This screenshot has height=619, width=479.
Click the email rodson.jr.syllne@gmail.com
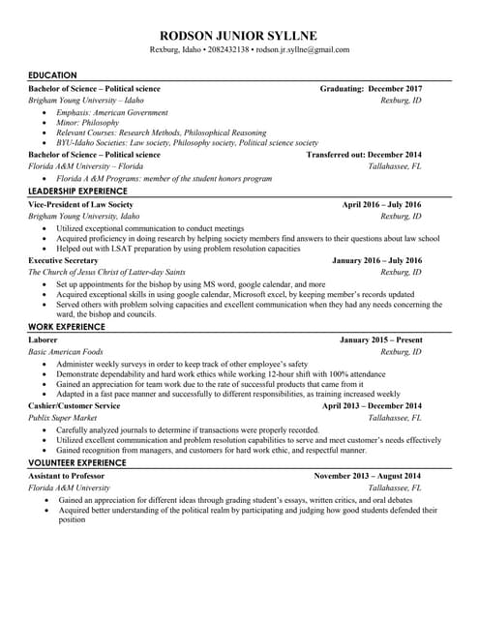pyautogui.click(x=303, y=49)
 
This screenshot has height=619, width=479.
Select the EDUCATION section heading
pyautogui.click(x=53, y=75)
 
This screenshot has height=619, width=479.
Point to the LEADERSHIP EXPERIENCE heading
pyautogui.click(x=80, y=192)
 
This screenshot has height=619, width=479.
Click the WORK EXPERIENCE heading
pyautogui.click(x=67, y=327)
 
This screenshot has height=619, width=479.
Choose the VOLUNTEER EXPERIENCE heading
pyautogui.click(x=77, y=463)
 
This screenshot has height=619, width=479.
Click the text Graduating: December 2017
pyautogui.click(x=371, y=88)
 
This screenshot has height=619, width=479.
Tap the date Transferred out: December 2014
pyautogui.click(x=364, y=154)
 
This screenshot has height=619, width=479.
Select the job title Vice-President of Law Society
pyautogui.click(x=81, y=205)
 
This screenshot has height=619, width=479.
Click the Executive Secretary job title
pyautogui.click(x=63, y=260)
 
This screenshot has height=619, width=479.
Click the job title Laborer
pyautogui.click(x=44, y=340)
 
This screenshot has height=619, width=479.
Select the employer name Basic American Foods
pyautogui.click(x=66, y=352)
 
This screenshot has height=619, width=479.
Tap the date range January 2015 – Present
pyautogui.click(x=380, y=340)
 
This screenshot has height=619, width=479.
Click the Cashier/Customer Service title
pyautogui.click(x=75, y=406)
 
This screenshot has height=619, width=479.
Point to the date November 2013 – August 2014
pyautogui.click(x=368, y=476)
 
